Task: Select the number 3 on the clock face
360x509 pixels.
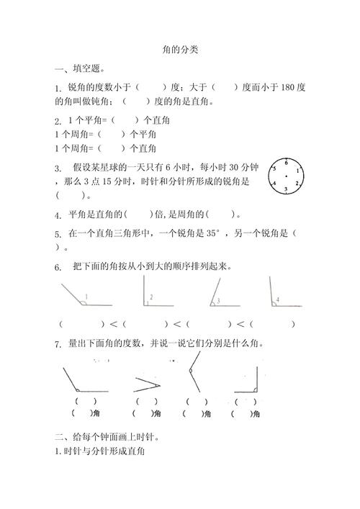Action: click(286, 189)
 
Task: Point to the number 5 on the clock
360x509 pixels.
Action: click(274, 170)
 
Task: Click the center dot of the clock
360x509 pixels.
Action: click(286, 176)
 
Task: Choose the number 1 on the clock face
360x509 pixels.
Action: click(297, 170)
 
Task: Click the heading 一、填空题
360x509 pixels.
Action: click(80, 69)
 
